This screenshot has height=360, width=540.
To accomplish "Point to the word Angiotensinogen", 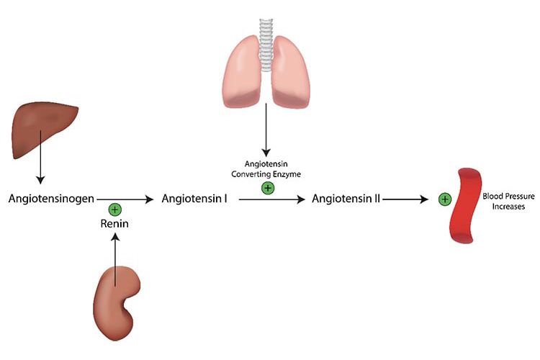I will coord(51,197).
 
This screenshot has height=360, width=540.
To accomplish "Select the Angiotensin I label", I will coord(195,197).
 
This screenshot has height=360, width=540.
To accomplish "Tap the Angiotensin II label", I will coord(346,197).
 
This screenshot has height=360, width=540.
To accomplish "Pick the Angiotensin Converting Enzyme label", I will coord(267,170).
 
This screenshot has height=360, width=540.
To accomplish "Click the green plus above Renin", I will coord(114,210).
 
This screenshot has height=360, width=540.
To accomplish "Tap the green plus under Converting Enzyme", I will coord(267,188).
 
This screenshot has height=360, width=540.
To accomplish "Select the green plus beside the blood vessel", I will coord(445,198).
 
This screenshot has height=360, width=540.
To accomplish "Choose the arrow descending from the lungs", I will coord(267,130).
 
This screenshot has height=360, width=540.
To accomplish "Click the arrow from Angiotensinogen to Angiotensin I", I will coord(126,198).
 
